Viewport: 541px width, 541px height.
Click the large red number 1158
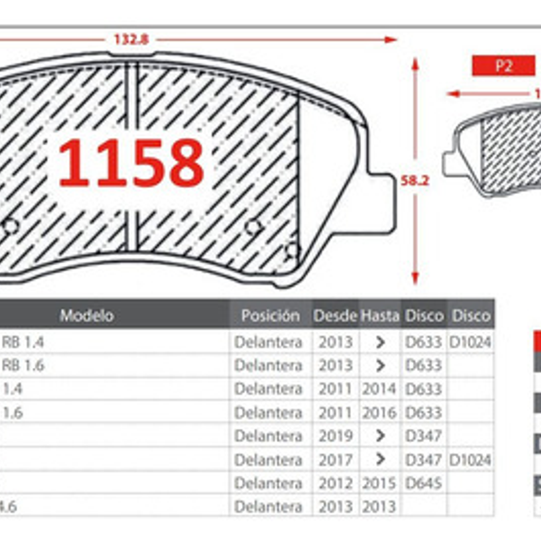131,163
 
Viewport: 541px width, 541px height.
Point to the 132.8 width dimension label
131,39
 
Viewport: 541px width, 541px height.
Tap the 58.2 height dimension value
414,180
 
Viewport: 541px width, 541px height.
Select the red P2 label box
503,65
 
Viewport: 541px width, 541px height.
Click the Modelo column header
87,315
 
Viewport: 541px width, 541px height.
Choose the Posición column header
270,315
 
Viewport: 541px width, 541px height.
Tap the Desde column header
335,315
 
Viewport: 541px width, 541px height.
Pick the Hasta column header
380,315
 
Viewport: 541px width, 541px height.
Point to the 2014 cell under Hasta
379,389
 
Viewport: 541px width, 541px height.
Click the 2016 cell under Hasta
379,412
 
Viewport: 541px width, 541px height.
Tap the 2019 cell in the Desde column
335,436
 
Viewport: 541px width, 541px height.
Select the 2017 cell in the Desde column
335,459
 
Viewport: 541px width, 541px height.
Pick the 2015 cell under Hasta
379,483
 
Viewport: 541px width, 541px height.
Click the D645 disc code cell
423,483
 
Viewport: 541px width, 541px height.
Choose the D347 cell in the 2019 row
423,436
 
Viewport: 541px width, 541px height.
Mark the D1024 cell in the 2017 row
470,459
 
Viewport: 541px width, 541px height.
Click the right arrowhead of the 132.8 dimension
392,39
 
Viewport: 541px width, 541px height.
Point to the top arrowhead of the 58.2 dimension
415,63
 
